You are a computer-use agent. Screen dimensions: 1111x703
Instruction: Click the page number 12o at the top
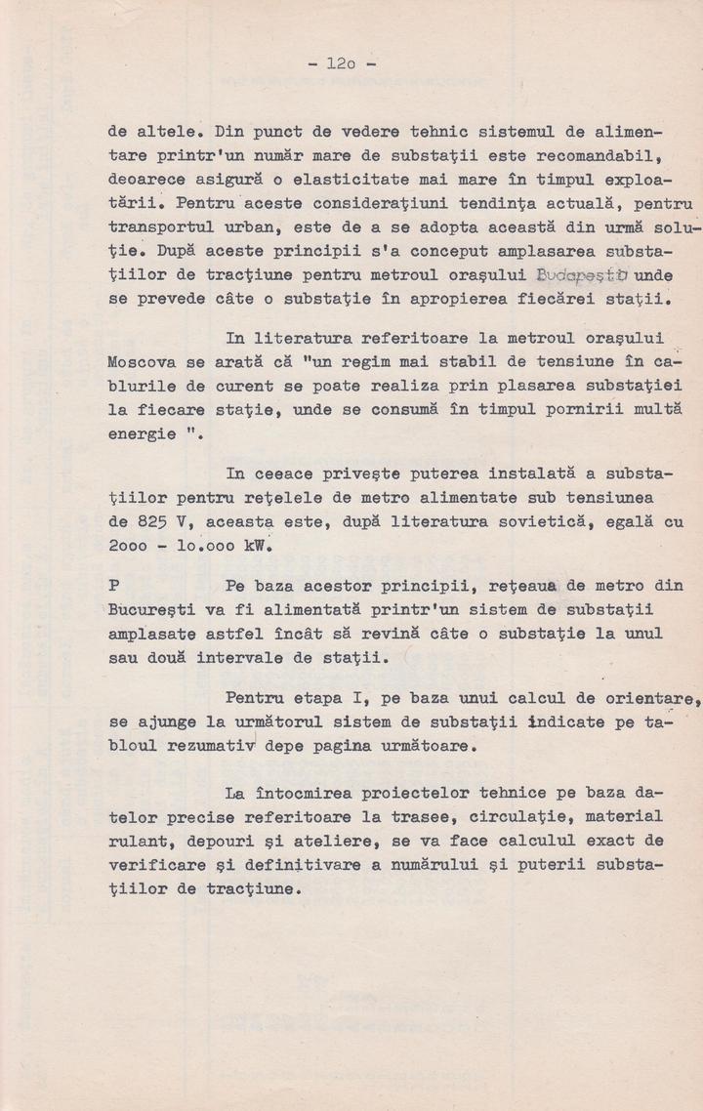click(x=342, y=65)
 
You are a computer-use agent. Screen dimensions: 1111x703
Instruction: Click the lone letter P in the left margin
click(x=114, y=586)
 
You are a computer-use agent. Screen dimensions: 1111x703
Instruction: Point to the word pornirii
click(x=558, y=410)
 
